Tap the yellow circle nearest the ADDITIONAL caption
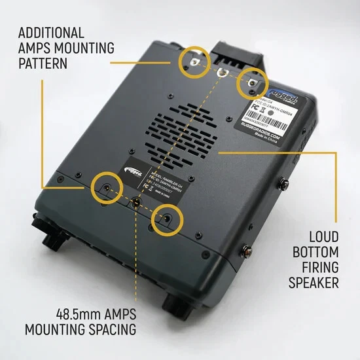coord(194,60)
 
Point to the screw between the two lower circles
coord(135,202)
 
